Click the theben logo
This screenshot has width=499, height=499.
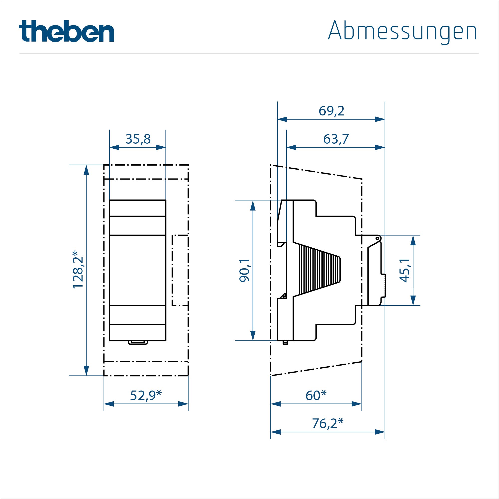click(66, 31)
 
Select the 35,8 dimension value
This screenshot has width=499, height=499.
click(138, 139)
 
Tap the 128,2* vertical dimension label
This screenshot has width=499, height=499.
click(78, 269)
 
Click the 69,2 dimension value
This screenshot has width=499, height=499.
click(331, 111)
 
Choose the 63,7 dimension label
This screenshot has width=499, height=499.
click(336, 139)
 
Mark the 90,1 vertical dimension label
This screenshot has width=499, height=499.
click(244, 270)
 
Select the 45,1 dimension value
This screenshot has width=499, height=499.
click(404, 270)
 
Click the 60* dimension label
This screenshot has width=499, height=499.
click(316, 396)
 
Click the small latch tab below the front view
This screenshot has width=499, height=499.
click(138, 343)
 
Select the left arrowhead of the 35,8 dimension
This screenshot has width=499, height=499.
click(114, 147)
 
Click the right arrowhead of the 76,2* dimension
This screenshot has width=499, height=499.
click(380, 432)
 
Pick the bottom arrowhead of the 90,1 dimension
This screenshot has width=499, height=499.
click(253, 335)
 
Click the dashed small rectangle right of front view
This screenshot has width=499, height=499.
click(180, 270)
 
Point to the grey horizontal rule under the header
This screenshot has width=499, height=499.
click(249, 53)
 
